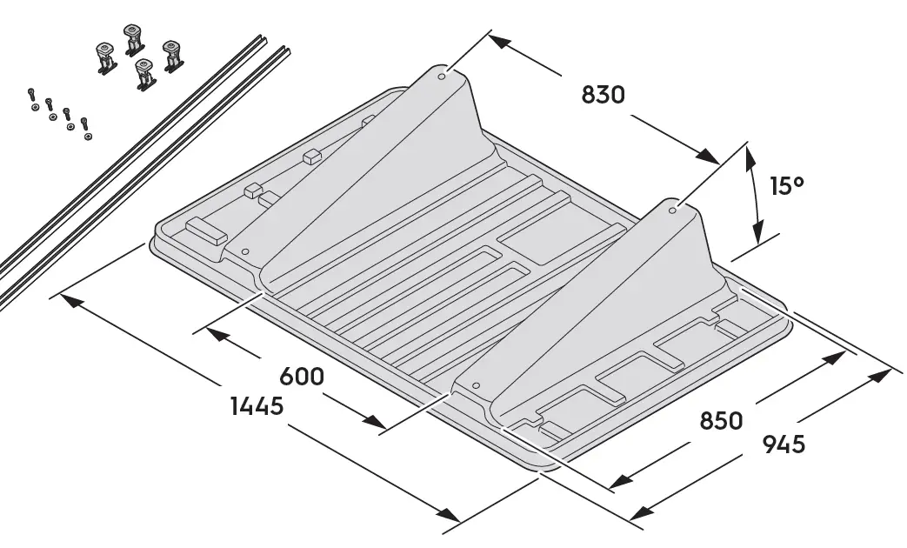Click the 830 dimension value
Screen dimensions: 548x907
(603, 95)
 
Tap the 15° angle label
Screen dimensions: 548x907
(788, 186)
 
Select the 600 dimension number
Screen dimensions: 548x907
(301, 377)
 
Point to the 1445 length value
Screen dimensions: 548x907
(257, 406)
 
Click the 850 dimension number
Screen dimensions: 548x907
(721, 421)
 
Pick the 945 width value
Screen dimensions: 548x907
(784, 444)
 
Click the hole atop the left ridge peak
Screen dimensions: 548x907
(442, 77)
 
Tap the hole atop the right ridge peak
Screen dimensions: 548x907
(672, 209)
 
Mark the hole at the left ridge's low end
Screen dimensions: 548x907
(245, 251)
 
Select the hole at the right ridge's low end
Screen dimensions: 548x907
(475, 384)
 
